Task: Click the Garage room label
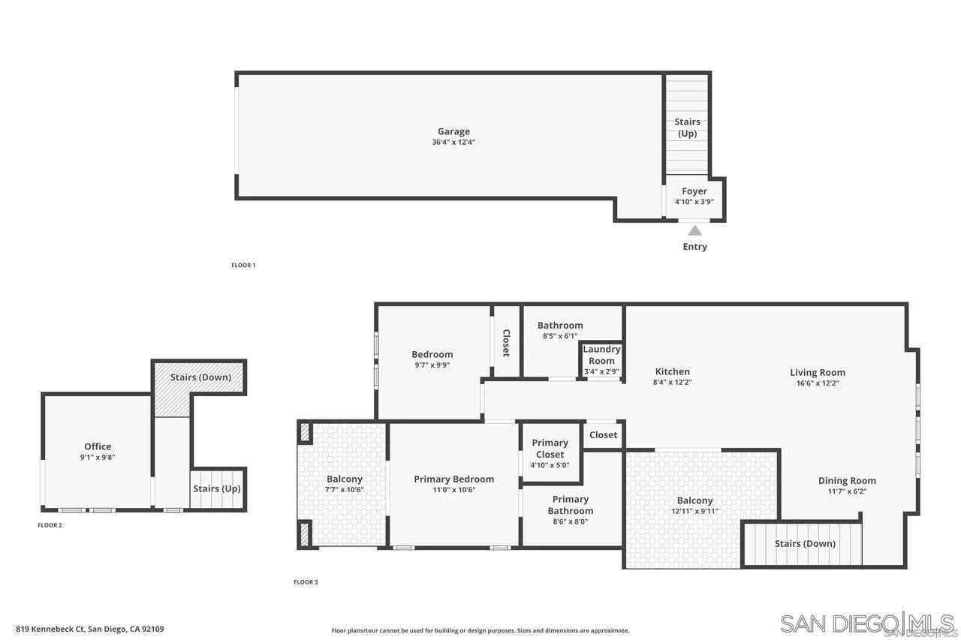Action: click(453, 131)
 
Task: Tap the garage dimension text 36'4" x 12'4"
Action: click(453, 142)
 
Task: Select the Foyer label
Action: click(694, 191)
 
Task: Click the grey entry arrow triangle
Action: click(695, 230)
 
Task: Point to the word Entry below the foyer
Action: click(694, 246)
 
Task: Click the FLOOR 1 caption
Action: click(243, 265)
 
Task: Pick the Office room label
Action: click(98, 446)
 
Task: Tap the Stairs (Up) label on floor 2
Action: click(217, 488)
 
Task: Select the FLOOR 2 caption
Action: click(50, 525)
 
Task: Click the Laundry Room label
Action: click(601, 355)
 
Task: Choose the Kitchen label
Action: click(672, 371)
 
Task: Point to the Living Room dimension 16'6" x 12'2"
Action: click(818, 383)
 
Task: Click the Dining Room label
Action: click(847, 481)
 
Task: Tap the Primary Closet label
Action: click(550, 449)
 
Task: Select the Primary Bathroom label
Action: click(571, 505)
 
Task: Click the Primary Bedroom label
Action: click(454, 479)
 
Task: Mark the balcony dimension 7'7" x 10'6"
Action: click(345, 490)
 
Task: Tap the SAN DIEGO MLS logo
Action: click(867, 623)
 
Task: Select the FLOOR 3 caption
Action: click(306, 582)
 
